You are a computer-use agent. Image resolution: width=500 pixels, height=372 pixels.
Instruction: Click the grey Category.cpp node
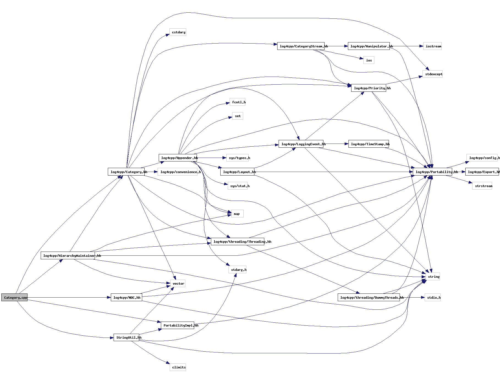click(14, 298)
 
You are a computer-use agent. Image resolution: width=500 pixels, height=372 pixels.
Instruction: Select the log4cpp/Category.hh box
click(126, 172)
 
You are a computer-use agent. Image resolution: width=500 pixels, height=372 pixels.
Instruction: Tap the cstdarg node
click(178, 32)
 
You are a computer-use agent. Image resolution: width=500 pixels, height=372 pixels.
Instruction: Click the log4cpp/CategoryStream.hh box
click(301, 46)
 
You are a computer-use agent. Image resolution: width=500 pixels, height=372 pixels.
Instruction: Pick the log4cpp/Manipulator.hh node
click(369, 46)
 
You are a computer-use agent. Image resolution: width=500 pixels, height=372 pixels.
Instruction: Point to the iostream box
click(432, 46)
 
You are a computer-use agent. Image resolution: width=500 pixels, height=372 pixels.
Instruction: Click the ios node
click(369, 60)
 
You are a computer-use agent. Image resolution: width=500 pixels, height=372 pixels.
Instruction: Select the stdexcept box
click(432, 74)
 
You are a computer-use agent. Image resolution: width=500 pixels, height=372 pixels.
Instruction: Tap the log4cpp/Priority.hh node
click(369, 88)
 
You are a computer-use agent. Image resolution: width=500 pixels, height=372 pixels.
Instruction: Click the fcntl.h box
click(238, 102)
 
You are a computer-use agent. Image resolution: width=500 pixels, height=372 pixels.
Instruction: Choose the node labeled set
click(238, 116)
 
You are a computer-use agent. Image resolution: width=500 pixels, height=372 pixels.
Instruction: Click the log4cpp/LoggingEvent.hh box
click(301, 144)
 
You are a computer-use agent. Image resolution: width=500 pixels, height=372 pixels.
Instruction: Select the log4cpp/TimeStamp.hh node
click(369, 144)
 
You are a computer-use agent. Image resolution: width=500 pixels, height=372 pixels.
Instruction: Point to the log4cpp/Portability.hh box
click(432, 172)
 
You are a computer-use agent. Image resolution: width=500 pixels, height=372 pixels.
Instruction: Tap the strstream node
click(482, 186)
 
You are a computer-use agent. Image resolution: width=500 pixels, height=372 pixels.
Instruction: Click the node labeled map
click(237, 214)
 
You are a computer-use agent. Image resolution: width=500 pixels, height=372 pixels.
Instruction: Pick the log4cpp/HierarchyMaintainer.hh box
click(68, 256)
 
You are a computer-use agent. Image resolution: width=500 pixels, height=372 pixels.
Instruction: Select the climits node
click(178, 367)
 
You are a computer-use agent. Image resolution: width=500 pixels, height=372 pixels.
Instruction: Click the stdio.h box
click(433, 298)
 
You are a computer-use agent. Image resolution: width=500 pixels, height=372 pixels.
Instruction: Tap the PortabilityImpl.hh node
click(177, 325)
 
